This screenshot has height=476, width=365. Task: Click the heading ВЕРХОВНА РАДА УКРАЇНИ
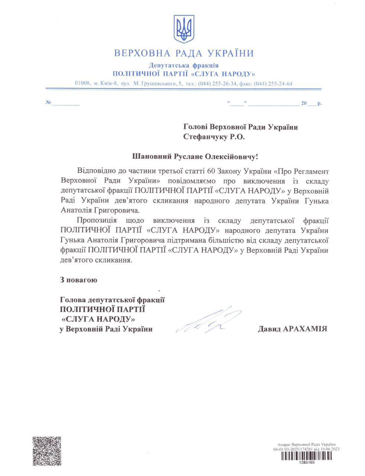click(x=184, y=53)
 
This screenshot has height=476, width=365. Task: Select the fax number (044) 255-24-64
click(x=273, y=84)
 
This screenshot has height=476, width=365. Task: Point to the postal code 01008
click(x=83, y=83)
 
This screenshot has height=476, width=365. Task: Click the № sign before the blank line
click(x=48, y=103)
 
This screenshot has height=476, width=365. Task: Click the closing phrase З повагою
click(x=78, y=280)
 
